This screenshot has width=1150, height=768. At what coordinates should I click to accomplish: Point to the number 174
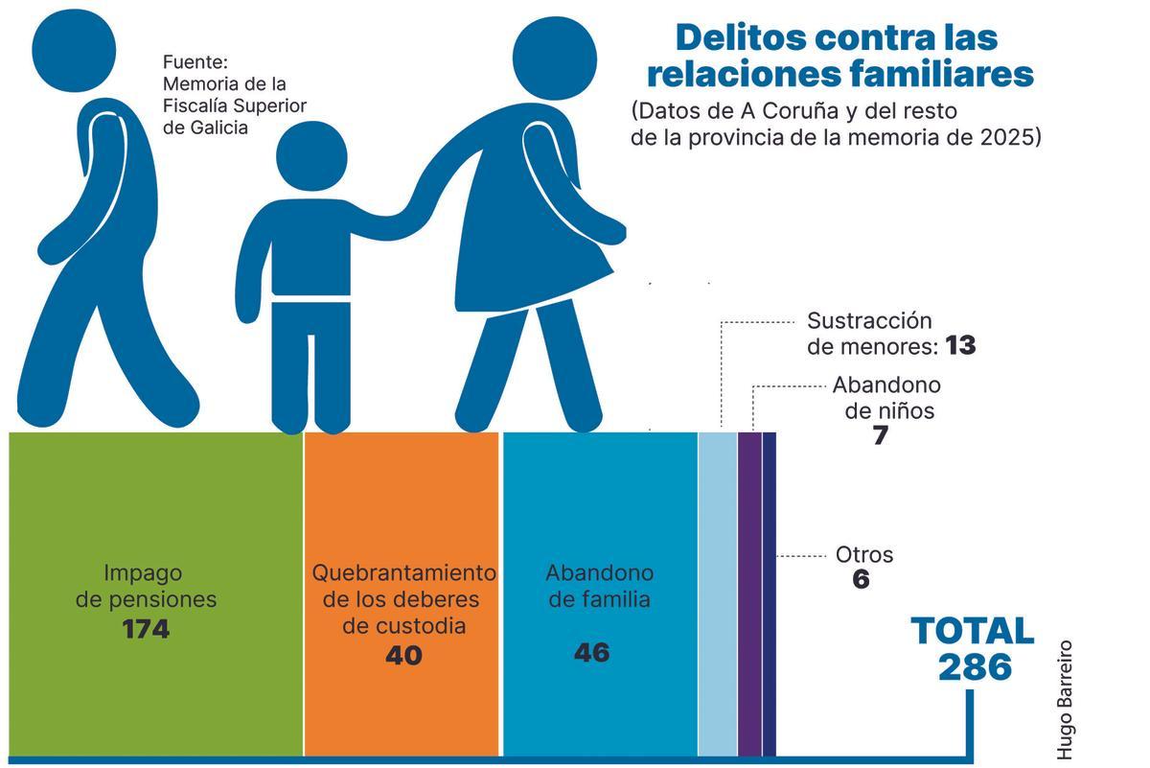pos(146,630)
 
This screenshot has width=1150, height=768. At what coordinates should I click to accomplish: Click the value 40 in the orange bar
pos(403,656)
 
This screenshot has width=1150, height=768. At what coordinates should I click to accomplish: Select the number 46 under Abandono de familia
pos(591,653)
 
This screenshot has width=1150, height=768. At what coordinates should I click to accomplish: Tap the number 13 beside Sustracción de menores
pos(959,345)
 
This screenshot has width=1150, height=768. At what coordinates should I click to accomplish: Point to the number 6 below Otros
pos(861,579)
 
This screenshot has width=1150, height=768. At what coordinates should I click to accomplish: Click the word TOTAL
pos(972,631)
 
